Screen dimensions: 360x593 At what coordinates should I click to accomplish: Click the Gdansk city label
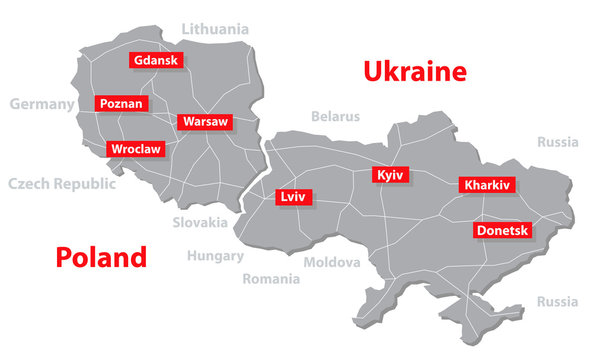tap(155, 60)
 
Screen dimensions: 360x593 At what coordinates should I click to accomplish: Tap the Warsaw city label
tap(204, 122)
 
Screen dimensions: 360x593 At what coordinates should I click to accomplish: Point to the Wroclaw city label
tap(136, 149)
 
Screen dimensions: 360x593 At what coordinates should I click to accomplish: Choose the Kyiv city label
tap(390, 175)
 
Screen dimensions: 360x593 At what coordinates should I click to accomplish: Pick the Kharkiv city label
tap(486, 185)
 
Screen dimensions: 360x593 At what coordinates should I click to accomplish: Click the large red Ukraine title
tap(415, 72)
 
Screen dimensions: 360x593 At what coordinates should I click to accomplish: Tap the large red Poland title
tap(101, 257)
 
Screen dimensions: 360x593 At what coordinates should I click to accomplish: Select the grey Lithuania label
tap(215, 29)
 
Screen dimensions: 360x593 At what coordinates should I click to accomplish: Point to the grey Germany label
tap(42, 104)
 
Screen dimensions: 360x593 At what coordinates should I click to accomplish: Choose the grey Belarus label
tap(335, 116)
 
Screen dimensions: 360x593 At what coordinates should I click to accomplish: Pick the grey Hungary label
tap(215, 255)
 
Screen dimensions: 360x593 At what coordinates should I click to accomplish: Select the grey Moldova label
tap(331, 263)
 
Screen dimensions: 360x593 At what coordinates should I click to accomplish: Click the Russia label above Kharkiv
tap(557, 142)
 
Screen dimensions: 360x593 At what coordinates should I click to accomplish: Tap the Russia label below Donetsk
tap(557, 301)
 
